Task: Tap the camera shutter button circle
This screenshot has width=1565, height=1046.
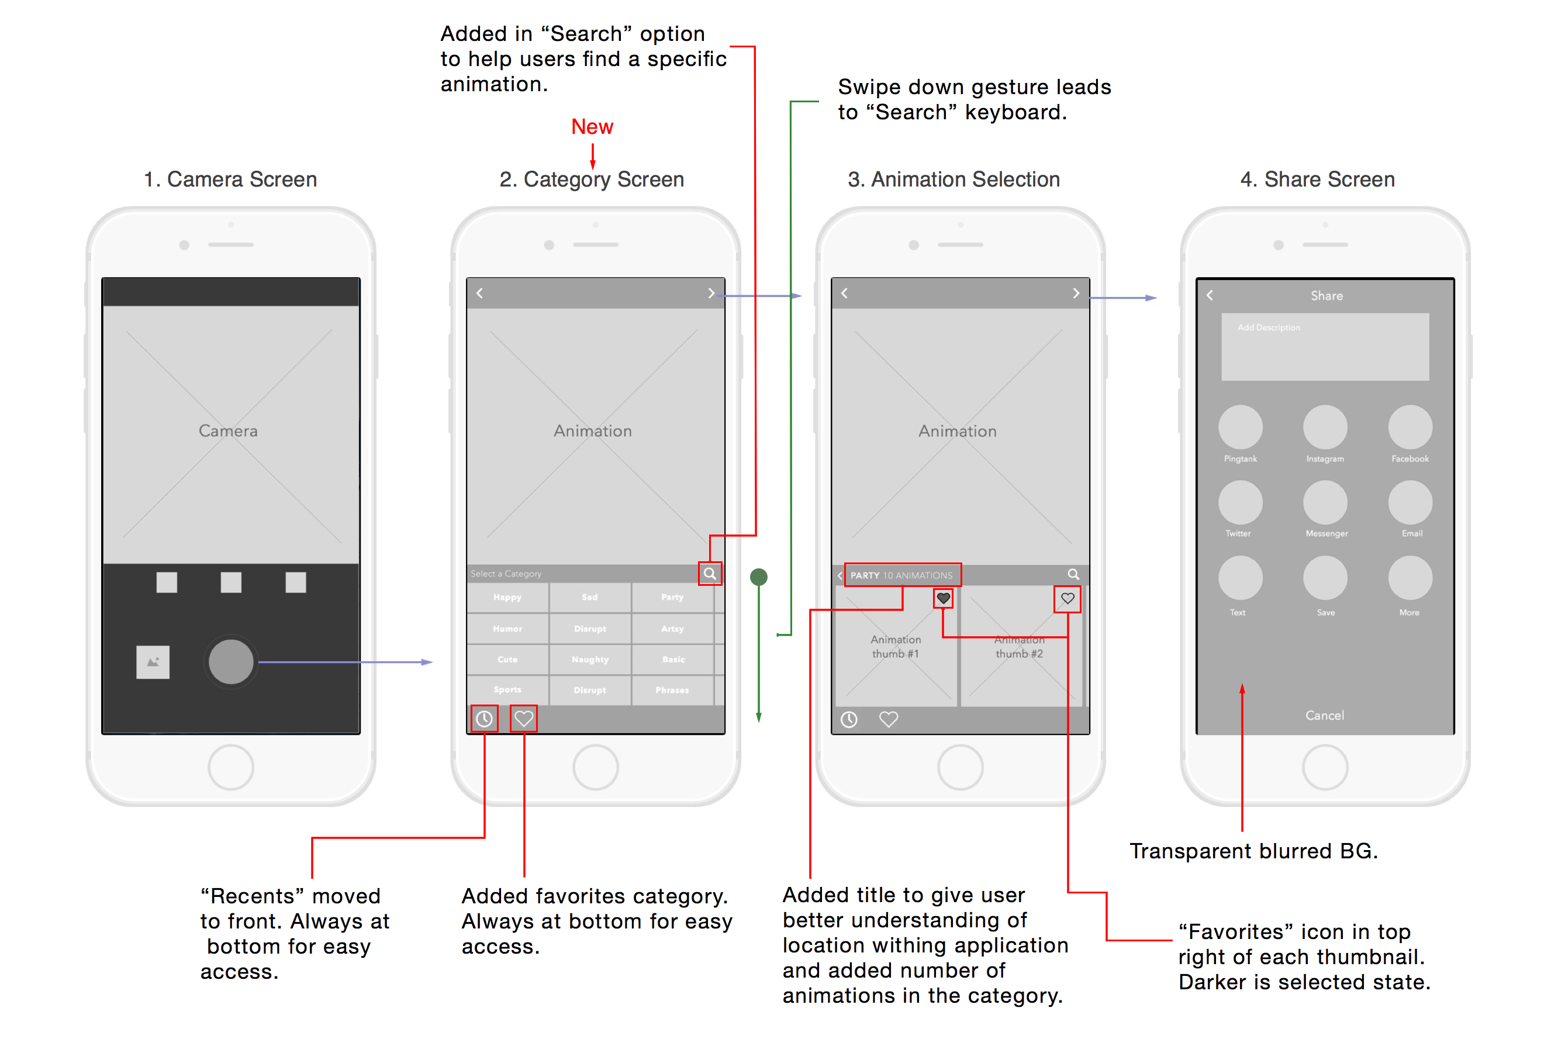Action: (x=231, y=662)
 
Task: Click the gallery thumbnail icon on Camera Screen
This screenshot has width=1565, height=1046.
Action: (x=153, y=662)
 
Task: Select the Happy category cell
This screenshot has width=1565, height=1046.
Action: (x=507, y=597)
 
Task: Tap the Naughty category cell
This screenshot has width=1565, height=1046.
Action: (x=589, y=659)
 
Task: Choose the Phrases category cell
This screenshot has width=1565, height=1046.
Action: (x=672, y=690)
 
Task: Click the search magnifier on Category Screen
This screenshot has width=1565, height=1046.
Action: (x=710, y=574)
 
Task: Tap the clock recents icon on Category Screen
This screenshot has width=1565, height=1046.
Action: (x=484, y=719)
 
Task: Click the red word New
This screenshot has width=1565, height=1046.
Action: (x=592, y=127)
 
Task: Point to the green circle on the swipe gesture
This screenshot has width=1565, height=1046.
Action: (x=758, y=577)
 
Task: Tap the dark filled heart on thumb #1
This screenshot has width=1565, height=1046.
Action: (x=943, y=598)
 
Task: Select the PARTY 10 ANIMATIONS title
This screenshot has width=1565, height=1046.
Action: (x=901, y=575)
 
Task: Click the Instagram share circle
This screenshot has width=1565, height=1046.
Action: (x=1325, y=427)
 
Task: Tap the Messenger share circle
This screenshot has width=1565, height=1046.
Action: (x=1325, y=502)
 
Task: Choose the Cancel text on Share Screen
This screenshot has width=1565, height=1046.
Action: (x=1324, y=715)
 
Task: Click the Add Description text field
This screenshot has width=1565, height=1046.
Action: (x=1325, y=347)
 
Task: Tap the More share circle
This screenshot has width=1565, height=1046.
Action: (x=1409, y=578)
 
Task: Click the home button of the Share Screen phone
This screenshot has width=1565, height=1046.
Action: (x=1325, y=767)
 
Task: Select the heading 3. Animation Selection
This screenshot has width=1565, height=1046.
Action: (x=953, y=179)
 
